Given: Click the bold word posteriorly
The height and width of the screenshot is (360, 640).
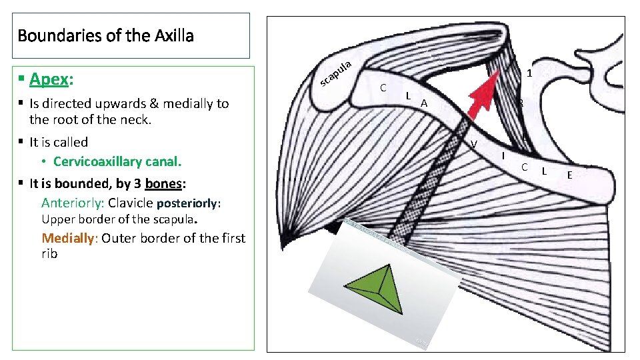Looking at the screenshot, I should tap(189, 203).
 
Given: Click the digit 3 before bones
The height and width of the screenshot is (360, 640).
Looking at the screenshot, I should tap(137, 183).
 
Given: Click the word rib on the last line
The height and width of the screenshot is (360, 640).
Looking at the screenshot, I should tap(49, 254).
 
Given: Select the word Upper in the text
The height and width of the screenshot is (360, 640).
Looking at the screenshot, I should tap(57, 219).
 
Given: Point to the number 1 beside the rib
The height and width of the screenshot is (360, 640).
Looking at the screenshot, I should tap(528, 73).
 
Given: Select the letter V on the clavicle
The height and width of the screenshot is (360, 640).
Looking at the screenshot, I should tap(473, 145).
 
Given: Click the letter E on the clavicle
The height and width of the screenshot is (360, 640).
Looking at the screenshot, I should tap(569, 175).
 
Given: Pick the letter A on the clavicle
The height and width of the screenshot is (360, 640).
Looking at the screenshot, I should tap(423, 103).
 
